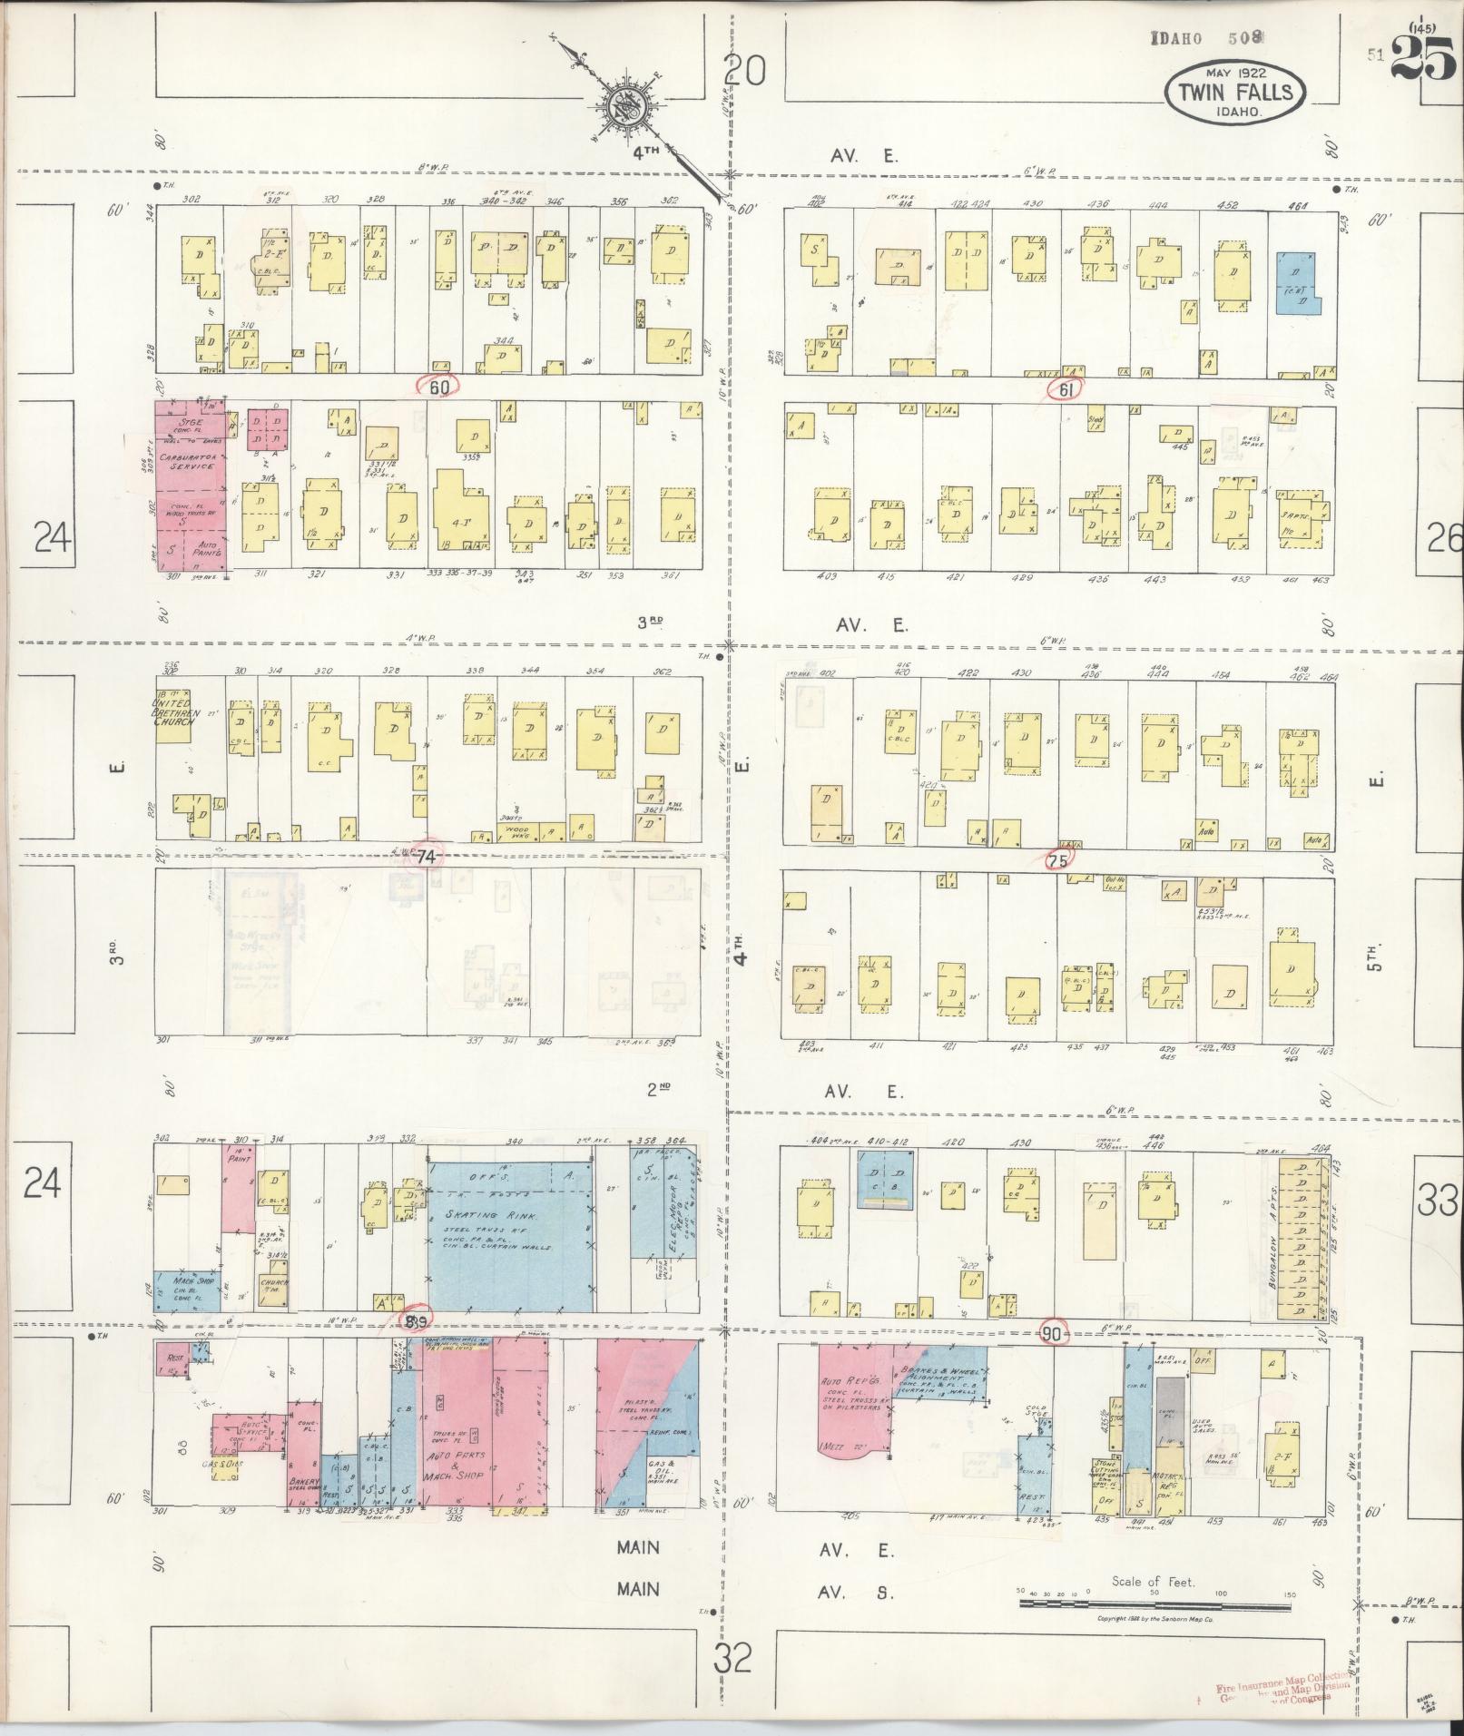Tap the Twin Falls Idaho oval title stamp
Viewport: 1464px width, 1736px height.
(1235, 93)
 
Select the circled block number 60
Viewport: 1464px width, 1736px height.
(440, 387)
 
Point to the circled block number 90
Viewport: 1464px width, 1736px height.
(1053, 1333)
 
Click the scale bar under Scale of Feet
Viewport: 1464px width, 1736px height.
(1154, 1604)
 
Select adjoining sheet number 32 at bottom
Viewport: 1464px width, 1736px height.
(732, 1659)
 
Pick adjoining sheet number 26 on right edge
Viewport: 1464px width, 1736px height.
(1443, 539)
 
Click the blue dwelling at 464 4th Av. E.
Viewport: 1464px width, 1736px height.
(1296, 282)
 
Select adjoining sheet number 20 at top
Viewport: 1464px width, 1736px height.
(745, 70)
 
